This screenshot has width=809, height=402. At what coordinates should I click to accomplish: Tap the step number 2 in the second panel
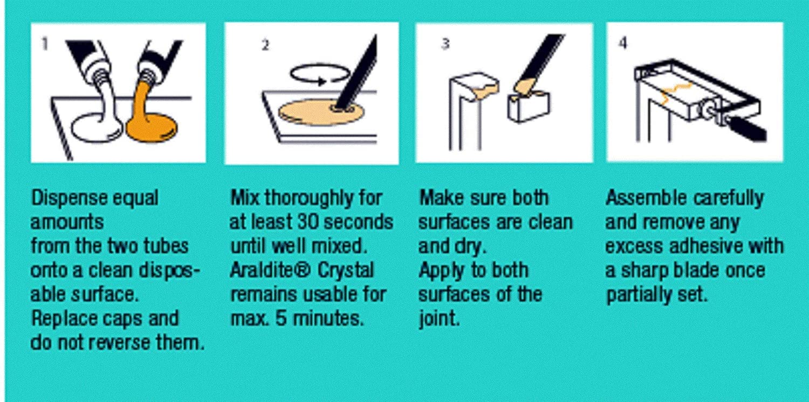click(265, 45)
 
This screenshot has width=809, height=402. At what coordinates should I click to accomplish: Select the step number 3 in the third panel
click(445, 44)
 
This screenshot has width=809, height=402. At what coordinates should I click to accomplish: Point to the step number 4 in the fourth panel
click(623, 43)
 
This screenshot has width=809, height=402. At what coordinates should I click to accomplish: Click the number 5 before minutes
click(281, 318)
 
